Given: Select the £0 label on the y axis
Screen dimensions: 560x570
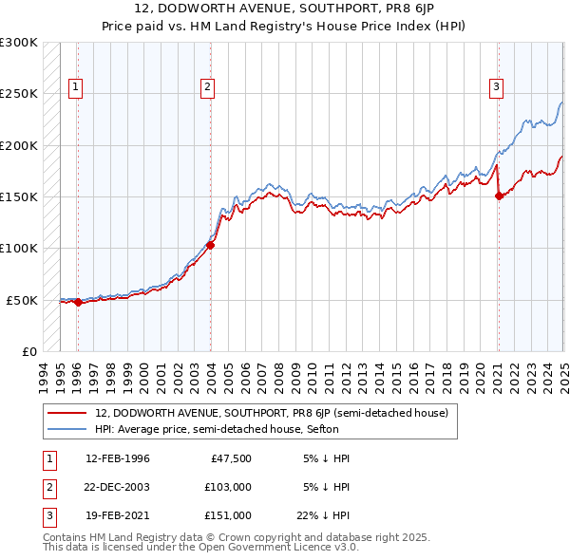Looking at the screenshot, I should point(28,351).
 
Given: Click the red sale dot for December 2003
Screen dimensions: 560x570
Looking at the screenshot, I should point(211,245).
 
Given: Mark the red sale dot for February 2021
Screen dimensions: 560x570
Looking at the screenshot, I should point(499,196).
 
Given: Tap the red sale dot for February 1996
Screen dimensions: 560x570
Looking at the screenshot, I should point(78,303).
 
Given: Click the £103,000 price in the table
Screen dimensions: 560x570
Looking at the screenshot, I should point(227,487).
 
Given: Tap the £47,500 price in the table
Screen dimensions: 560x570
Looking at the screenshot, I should point(231,458).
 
